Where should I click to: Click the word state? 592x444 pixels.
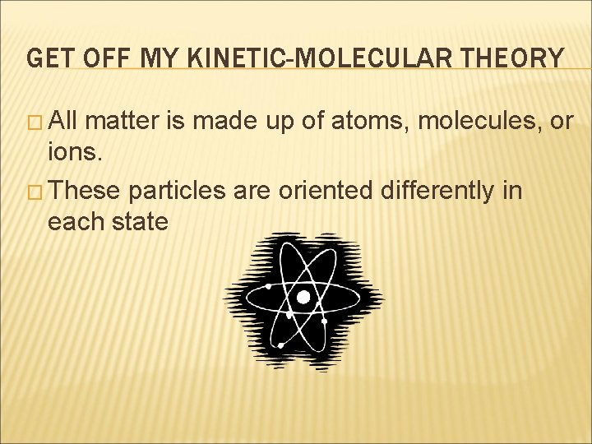tap(137, 221)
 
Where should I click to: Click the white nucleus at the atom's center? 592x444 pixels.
tap(303, 297)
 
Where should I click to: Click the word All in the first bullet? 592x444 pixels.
tap(64, 123)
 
